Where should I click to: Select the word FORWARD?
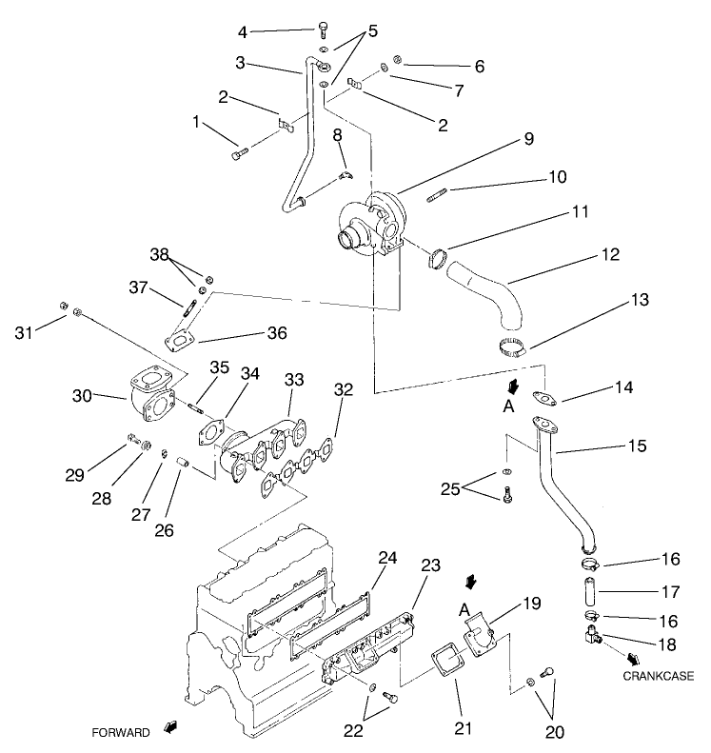(x=121, y=733)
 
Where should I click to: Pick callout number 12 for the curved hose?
(x=610, y=254)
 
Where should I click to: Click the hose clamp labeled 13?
(x=509, y=347)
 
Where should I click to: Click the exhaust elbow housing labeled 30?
(x=150, y=395)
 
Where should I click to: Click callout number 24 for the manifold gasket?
(x=386, y=556)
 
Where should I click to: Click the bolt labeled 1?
(x=239, y=149)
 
